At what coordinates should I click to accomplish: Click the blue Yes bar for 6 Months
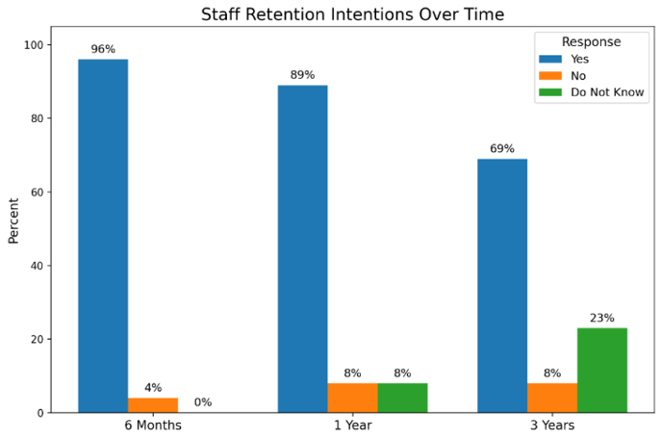103,236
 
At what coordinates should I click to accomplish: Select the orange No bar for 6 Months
153,405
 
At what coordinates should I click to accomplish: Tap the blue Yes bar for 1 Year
302,249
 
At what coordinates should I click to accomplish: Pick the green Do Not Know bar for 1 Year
402,398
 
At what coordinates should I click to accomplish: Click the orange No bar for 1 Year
352,398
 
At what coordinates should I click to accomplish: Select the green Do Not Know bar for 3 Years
602,371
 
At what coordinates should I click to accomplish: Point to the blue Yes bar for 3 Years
502,286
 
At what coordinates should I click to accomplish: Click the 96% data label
103,49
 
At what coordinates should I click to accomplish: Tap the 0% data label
203,402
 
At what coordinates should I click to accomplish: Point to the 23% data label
602,318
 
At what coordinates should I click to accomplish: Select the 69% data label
502,148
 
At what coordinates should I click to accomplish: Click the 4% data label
153,388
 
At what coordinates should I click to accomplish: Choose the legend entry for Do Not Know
591,92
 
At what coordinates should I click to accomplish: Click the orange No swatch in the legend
550,76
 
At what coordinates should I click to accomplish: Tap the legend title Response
591,41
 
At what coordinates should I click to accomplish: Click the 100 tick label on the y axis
35,44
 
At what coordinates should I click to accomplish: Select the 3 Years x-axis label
552,425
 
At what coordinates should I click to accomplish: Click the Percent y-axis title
13,220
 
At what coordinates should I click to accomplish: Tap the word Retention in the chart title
286,14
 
